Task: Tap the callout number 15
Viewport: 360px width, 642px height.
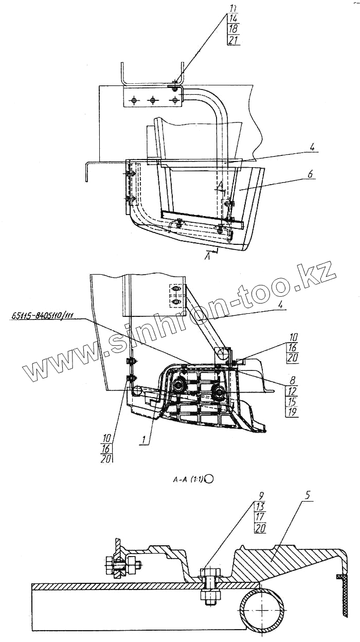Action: [x=292, y=402]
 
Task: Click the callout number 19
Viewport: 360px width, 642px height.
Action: [x=292, y=413]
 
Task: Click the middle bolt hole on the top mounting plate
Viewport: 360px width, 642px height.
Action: [x=152, y=100]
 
